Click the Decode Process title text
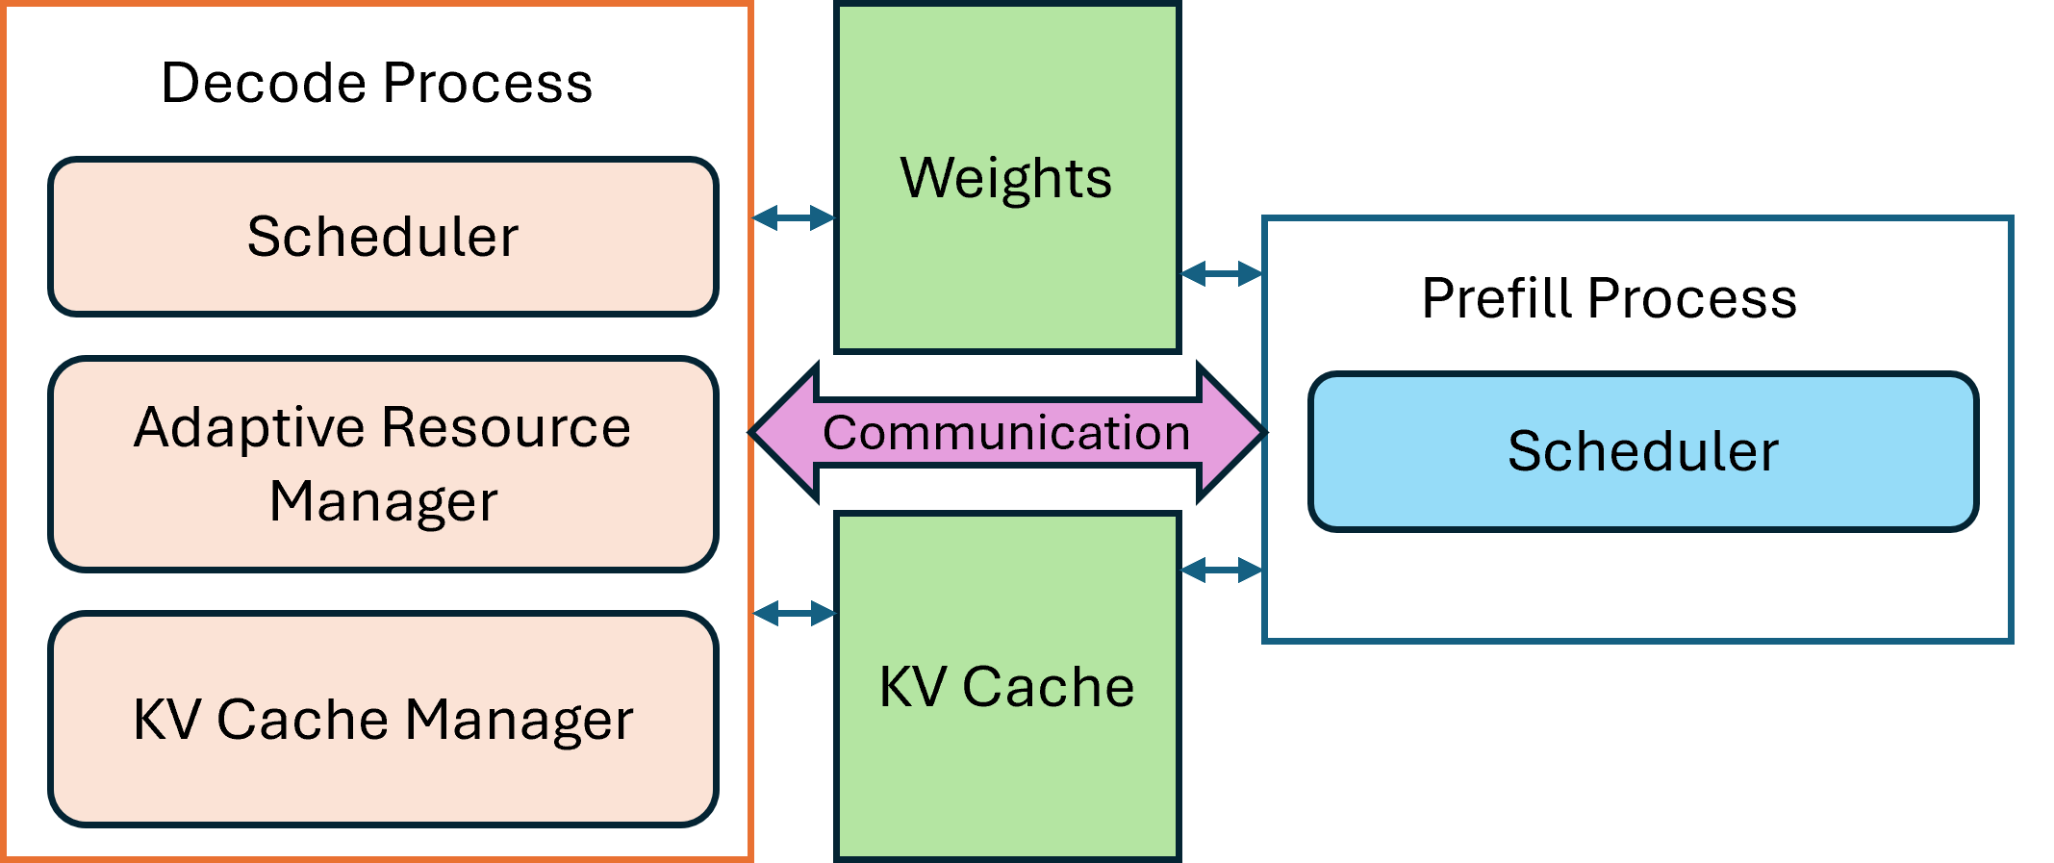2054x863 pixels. coord(376,83)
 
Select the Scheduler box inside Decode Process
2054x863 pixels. coord(383,237)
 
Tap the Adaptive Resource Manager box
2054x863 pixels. coord(383,464)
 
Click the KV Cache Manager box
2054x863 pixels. coord(383,719)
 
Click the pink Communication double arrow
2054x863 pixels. coord(1006,433)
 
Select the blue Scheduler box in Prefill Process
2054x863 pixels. coord(1643,451)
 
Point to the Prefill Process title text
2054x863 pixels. coord(1609,298)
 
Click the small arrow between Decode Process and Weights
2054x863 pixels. coord(794,218)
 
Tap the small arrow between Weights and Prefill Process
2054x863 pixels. coord(1221,274)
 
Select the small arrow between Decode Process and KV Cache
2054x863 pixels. coord(795,613)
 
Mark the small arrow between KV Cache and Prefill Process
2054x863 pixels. coord(1221,571)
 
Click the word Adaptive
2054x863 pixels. coord(251,428)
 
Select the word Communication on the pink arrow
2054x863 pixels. coord(1006,433)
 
